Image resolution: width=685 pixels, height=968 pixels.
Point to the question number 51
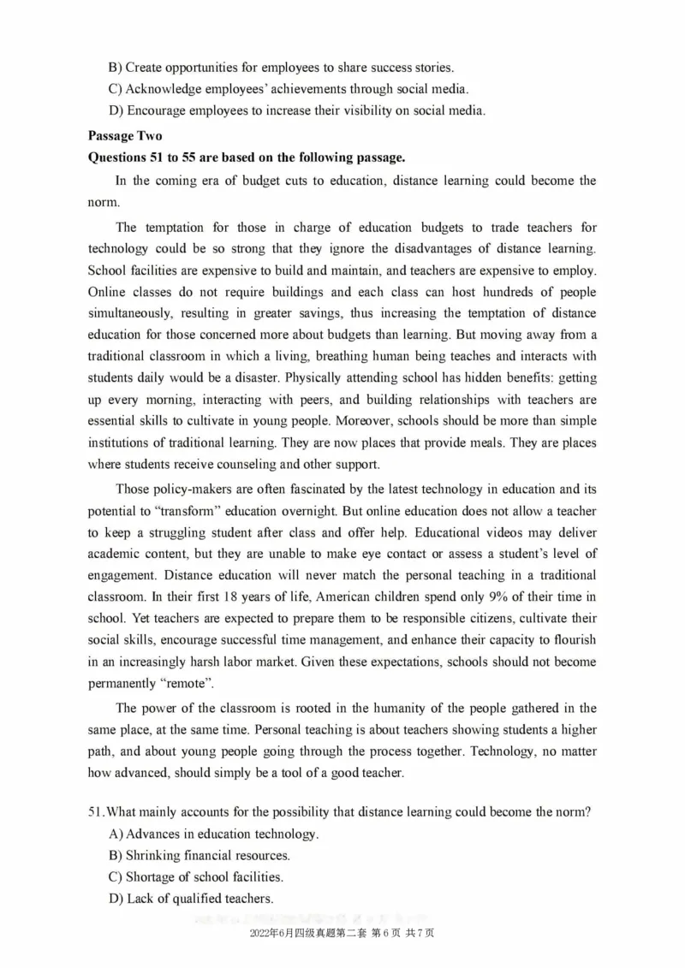96,812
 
